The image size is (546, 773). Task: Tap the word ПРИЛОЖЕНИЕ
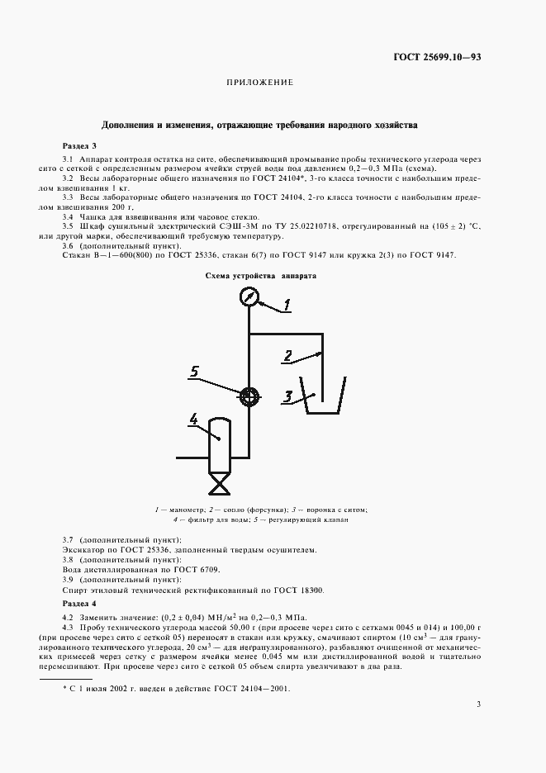tap(259, 83)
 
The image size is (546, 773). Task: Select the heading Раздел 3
tap(79, 145)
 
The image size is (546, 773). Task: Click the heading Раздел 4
tap(79, 605)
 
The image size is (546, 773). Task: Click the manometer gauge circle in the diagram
tap(249, 297)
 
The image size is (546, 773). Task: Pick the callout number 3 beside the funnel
tap(287, 397)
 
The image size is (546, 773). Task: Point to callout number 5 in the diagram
tap(194, 372)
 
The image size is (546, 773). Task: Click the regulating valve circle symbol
tap(248, 396)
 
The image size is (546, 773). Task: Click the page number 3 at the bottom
tap(478, 704)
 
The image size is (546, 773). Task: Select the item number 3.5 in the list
tap(69, 225)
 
